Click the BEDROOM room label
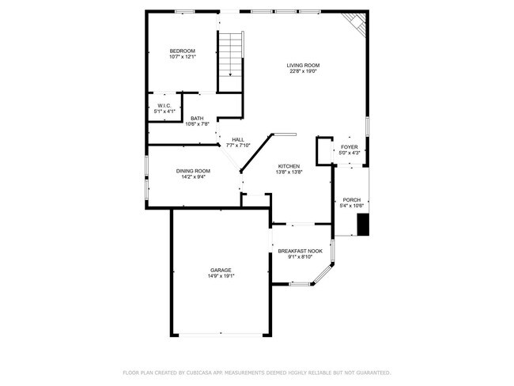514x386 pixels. coord(182,51)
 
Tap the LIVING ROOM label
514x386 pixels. coord(304,66)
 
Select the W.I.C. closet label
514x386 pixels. coord(164,105)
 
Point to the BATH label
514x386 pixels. coord(196,119)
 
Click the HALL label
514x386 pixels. coord(237,139)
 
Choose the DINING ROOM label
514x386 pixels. coord(193,171)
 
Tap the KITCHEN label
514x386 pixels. coord(288,166)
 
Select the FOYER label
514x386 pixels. coord(350,147)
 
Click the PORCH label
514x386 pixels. coord(351,199)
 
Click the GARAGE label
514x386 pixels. coord(221,270)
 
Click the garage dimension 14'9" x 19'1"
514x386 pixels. coord(221,276)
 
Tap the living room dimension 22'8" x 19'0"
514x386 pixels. coord(304,71)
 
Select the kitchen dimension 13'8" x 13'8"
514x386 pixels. coord(288,172)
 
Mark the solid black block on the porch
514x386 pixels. coord(363,225)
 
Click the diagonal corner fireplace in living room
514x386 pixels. coord(357,25)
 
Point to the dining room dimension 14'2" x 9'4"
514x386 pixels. coord(193,177)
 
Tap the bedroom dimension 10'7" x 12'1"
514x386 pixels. coord(182,57)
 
